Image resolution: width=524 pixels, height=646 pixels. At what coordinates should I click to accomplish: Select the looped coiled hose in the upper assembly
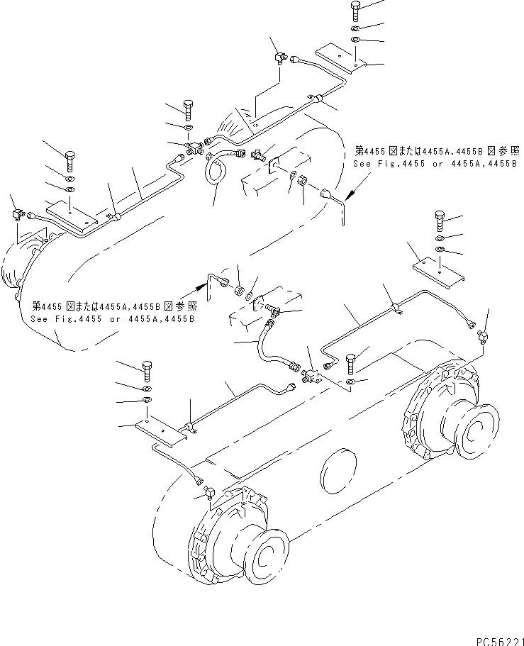tap(215, 171)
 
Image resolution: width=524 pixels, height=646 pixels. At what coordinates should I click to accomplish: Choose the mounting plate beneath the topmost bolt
tap(340, 56)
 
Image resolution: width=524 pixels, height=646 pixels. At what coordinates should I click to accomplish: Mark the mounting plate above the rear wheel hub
tap(438, 273)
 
